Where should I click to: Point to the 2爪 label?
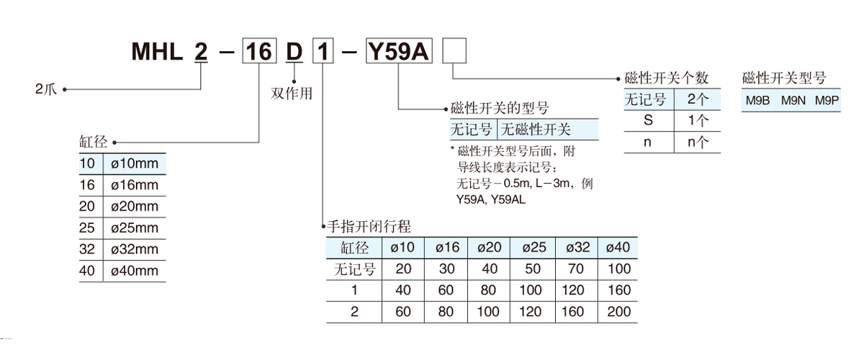(x=45, y=90)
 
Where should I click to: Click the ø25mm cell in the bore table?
(x=135, y=228)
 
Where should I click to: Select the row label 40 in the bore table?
(x=87, y=271)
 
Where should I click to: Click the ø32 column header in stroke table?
(x=577, y=248)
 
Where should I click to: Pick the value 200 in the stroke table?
(x=618, y=312)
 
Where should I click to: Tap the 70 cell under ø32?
(x=577, y=269)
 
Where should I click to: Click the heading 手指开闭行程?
(x=369, y=227)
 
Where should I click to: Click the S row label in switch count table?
(x=648, y=120)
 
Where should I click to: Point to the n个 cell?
(x=698, y=142)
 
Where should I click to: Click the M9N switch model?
(x=793, y=102)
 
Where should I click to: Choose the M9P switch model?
(x=827, y=102)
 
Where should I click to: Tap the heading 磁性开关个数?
(x=667, y=78)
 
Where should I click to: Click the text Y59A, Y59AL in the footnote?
(x=490, y=199)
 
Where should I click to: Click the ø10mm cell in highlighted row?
(x=135, y=163)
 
